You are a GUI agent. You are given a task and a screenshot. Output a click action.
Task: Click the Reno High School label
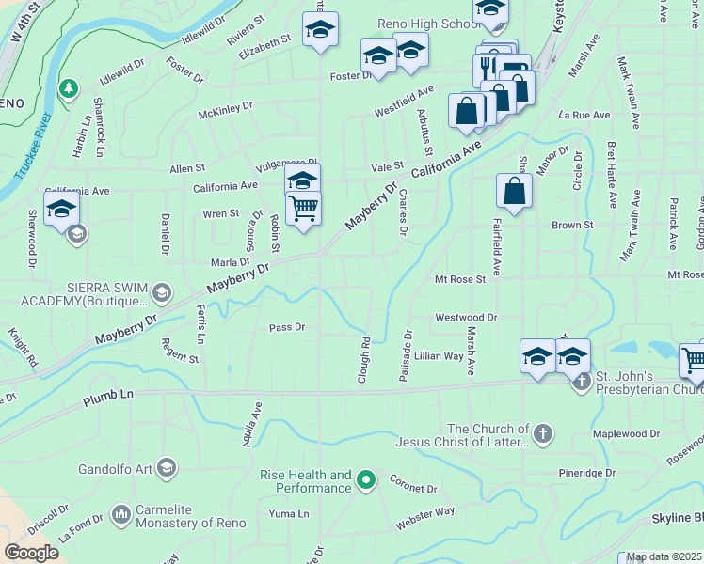[x=428, y=23]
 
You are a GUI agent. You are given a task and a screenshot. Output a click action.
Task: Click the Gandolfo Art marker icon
[x=167, y=467]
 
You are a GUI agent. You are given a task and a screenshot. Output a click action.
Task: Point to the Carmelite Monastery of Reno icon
[x=120, y=514]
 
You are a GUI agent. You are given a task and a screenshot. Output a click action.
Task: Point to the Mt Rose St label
[x=459, y=279]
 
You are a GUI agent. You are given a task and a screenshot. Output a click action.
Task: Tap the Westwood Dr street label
[x=465, y=318]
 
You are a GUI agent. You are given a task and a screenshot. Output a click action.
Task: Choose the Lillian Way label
[x=439, y=356]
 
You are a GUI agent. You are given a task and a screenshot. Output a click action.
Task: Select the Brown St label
[x=572, y=226]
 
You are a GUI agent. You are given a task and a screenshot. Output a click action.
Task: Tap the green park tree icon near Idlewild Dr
[x=68, y=89]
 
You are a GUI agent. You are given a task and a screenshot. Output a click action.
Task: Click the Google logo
[x=31, y=553]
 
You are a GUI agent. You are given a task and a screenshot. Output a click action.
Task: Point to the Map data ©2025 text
[x=663, y=557]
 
